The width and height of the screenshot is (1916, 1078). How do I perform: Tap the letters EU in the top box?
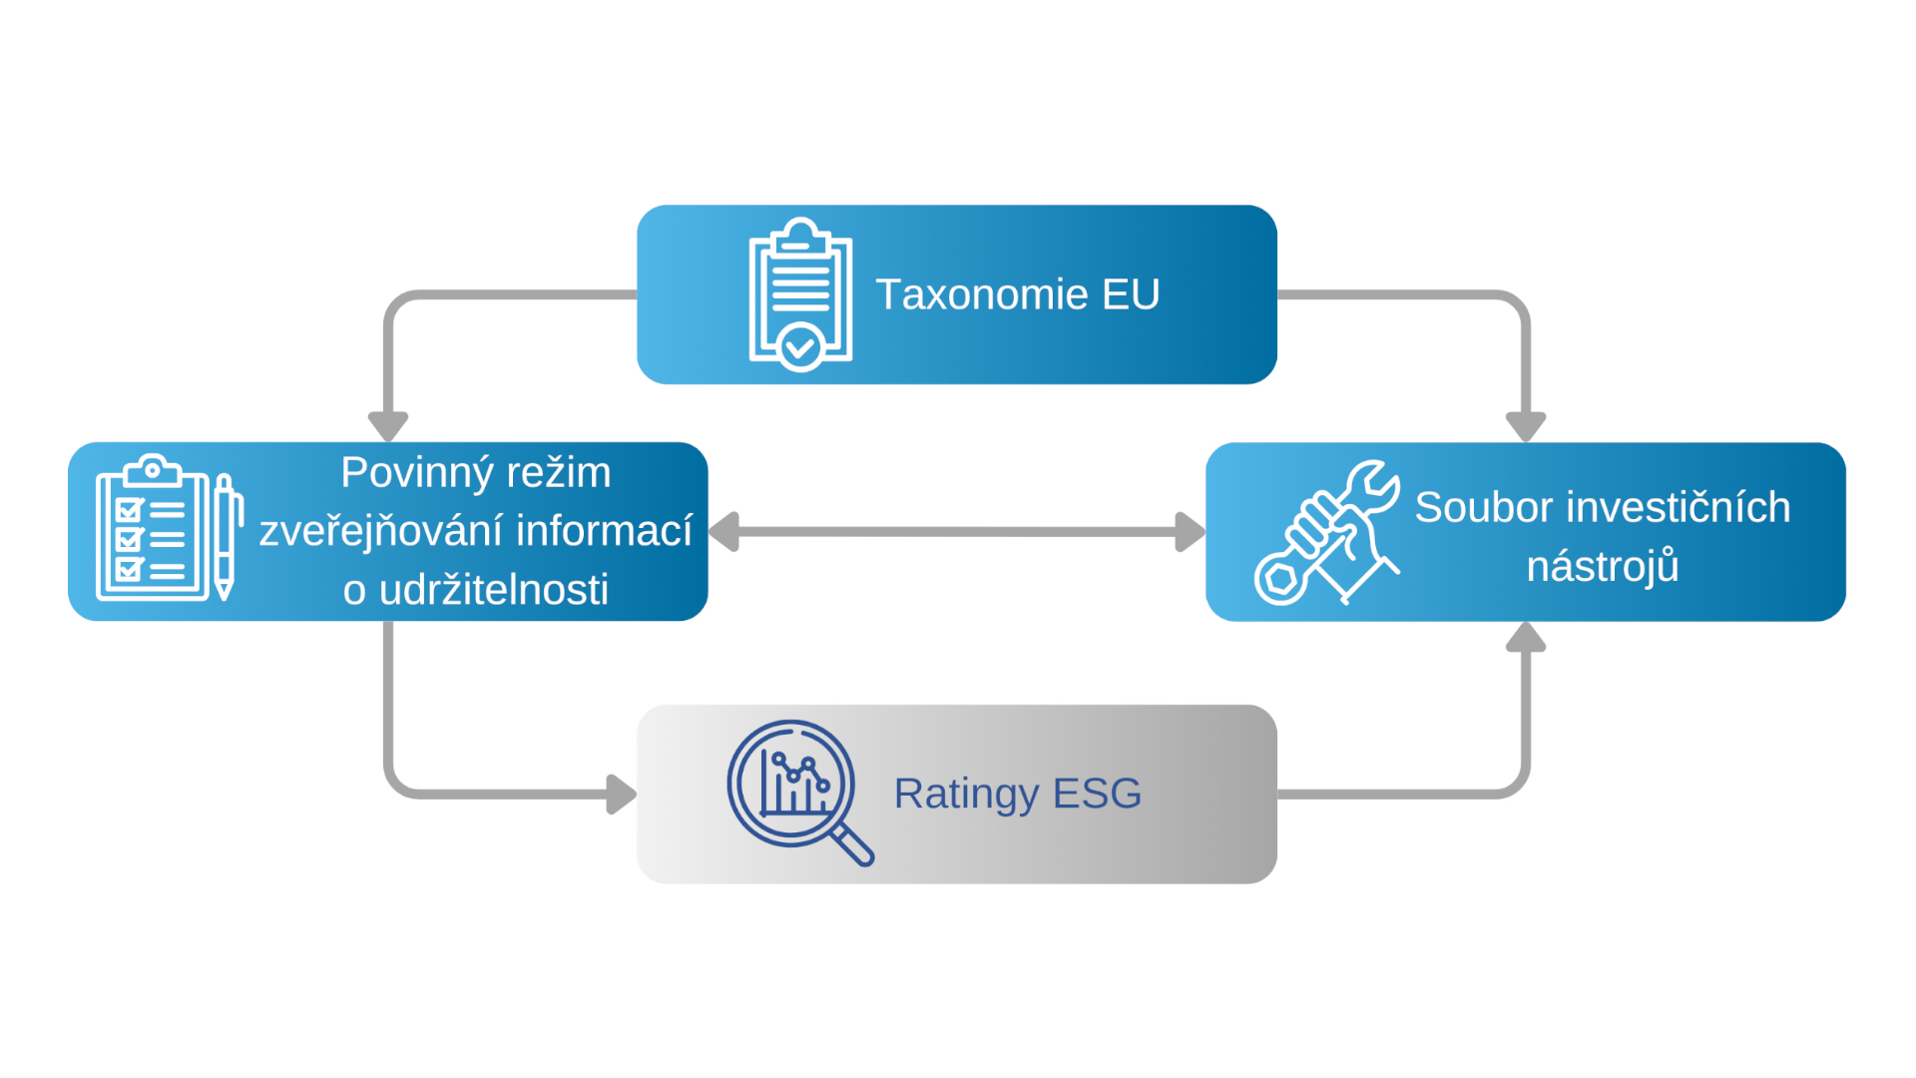[1131, 294]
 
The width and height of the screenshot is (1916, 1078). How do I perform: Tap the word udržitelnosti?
[494, 590]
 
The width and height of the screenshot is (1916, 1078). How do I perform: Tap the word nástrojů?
[1603, 566]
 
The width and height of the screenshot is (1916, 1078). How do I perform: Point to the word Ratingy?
[966, 794]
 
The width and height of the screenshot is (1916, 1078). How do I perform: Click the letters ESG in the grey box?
[1097, 794]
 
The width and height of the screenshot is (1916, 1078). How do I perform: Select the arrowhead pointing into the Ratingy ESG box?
[622, 795]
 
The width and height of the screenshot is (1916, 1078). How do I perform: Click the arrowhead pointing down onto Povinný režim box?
[388, 426]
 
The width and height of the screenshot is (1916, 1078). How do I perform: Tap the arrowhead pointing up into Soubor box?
[1526, 637]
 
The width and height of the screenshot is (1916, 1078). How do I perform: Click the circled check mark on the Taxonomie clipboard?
[800, 347]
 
